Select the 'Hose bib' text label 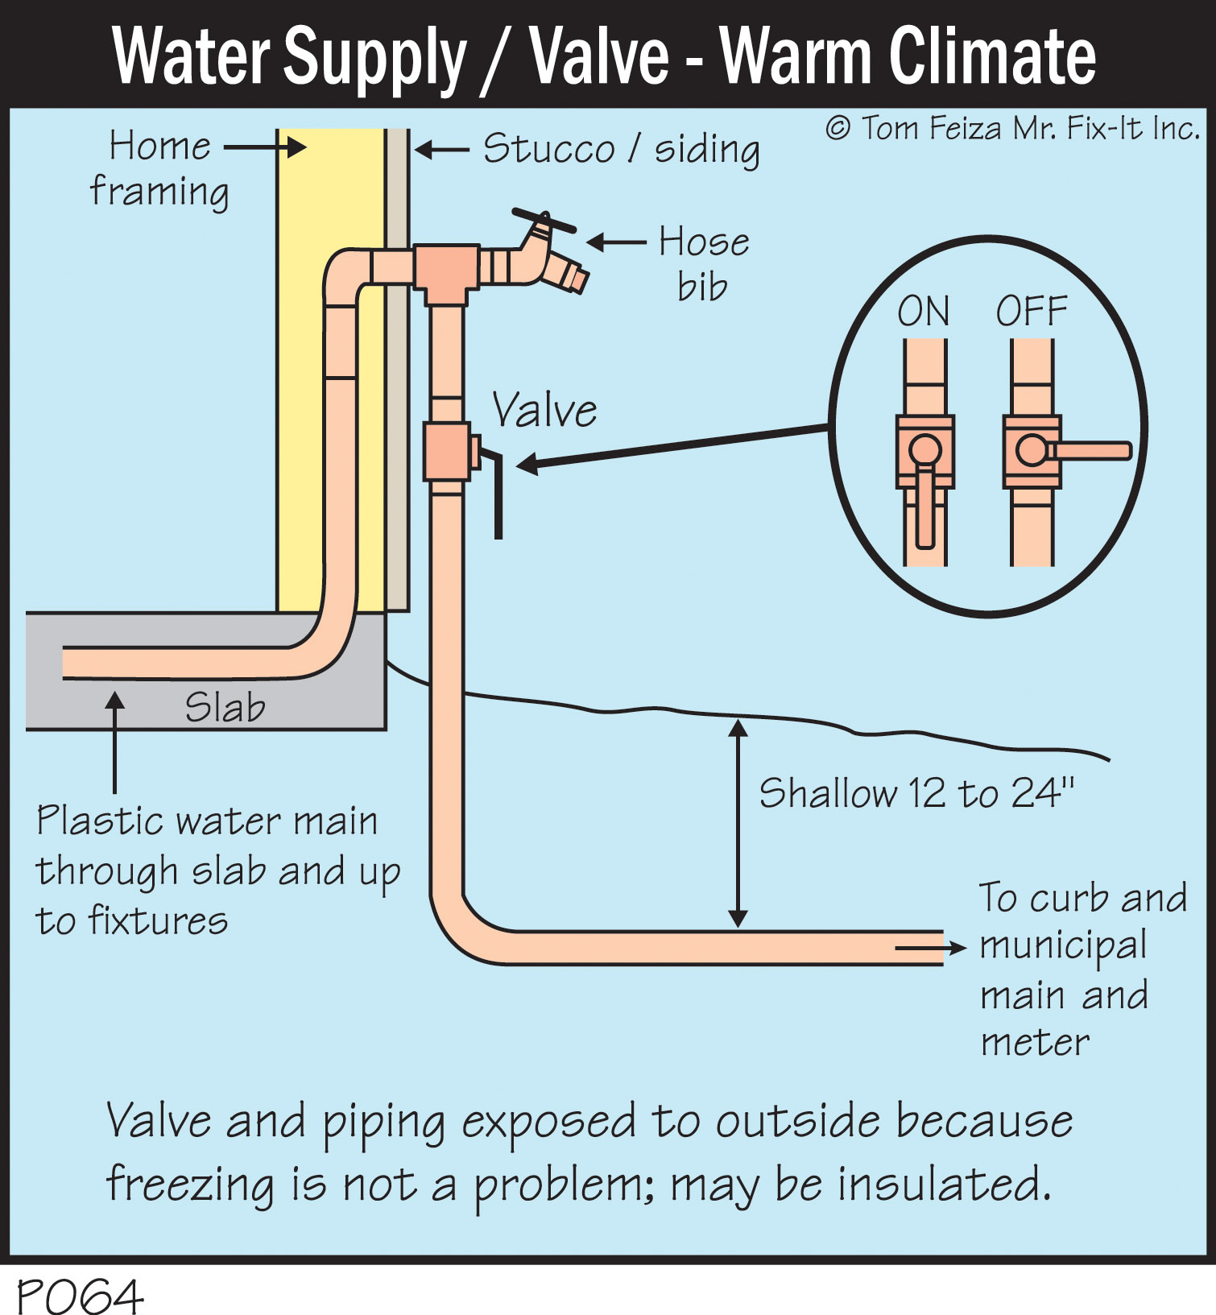pos(704,263)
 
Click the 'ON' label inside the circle pos(923,312)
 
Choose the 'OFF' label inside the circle pos(1032,312)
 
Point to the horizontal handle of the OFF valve pos(1091,451)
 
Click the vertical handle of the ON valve pos(925,507)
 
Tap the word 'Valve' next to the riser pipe pos(544,411)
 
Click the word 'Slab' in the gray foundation pos(225,708)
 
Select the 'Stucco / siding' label pos(621,149)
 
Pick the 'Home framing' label pos(159,169)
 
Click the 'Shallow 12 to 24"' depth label pos(916,793)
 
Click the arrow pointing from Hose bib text pos(616,242)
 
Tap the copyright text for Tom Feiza pos(1012,129)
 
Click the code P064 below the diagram pos(79,1296)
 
